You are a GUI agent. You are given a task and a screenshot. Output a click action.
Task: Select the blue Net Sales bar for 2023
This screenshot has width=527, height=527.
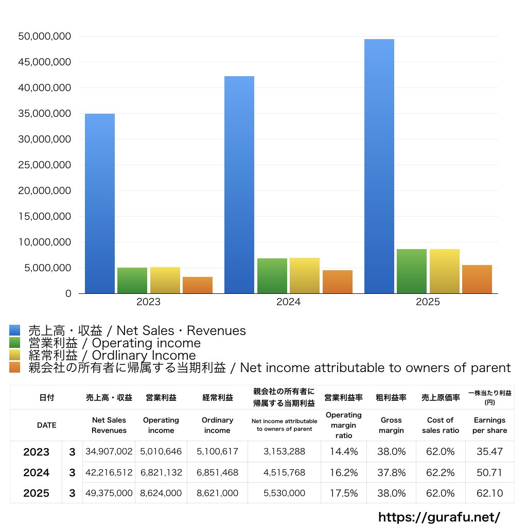pos(100,203)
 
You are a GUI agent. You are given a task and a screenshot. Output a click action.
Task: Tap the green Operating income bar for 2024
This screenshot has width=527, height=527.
pos(272,276)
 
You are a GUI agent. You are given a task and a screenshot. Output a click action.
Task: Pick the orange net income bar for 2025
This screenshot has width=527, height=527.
pos(477,279)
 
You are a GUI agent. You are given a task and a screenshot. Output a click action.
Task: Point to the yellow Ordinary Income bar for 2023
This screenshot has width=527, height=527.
pos(165,280)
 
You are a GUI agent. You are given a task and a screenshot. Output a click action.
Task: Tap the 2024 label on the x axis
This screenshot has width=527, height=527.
pos(288,302)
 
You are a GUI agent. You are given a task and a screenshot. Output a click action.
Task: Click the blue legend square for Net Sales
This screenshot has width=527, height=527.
pos(14,330)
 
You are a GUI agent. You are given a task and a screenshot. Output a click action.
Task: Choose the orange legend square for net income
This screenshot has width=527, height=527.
pos(14,367)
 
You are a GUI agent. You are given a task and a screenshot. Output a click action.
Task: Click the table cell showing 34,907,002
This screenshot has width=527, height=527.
pos(109,452)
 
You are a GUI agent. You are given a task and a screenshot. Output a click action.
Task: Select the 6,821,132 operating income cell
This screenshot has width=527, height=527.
pos(161,472)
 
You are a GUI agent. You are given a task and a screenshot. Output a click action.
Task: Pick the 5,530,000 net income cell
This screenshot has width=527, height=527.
pos(284,493)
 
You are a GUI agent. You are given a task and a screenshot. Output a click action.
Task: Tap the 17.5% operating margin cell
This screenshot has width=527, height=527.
pos(344,493)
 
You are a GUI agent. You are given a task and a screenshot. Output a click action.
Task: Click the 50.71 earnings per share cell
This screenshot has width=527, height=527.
pos(489,472)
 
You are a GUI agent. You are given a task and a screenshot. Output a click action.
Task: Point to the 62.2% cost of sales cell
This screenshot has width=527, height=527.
pos(440,472)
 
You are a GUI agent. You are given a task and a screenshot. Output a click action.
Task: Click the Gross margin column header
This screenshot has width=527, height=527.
pos(391,425)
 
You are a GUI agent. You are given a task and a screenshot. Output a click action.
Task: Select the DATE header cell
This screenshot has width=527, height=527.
pos(46,425)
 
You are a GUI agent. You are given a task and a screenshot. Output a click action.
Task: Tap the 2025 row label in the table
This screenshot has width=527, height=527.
pos(37,493)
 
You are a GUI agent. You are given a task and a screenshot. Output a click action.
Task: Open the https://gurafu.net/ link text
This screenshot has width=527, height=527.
pos(439,517)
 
